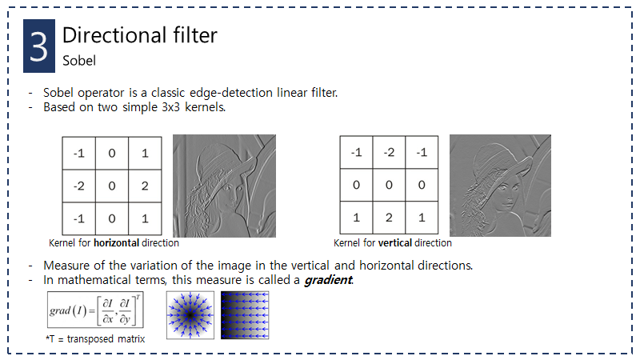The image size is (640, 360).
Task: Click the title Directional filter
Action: (139, 35)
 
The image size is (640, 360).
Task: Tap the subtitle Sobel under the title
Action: (79, 59)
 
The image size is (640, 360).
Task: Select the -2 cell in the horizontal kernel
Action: (79, 186)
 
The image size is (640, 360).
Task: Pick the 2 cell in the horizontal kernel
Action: (145, 186)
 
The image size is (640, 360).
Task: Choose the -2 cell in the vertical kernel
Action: (389, 153)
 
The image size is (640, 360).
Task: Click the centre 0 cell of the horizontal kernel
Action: (112, 186)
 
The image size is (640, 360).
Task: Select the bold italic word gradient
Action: (327, 280)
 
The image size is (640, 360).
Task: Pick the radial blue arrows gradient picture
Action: (190, 315)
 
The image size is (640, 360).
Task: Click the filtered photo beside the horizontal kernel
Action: (224, 185)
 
